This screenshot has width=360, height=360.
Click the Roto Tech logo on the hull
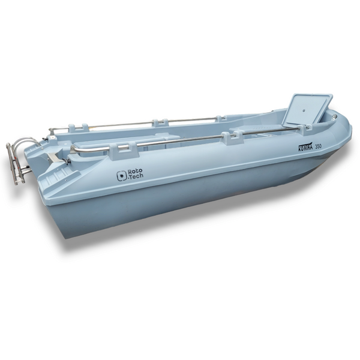(130, 175)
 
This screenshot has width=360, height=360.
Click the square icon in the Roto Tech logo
(121, 176)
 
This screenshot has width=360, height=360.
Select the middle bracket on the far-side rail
(160, 122)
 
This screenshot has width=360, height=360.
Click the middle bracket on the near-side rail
(231, 138)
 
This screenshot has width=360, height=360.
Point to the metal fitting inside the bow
(329, 115)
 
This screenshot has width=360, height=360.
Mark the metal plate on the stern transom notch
(52, 157)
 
